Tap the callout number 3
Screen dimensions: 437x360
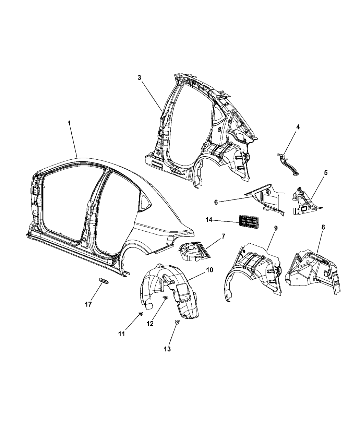click(x=140, y=77)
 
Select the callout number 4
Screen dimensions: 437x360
click(x=298, y=127)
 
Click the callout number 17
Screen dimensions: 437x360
click(x=88, y=304)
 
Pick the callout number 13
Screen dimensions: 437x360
click(x=168, y=349)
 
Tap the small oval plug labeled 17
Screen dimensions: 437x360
click(x=104, y=281)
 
